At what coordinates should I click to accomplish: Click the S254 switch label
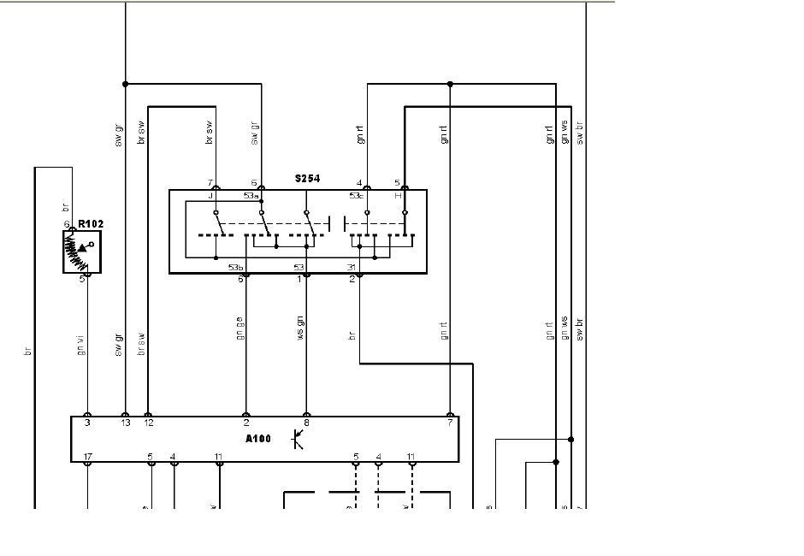click(x=307, y=179)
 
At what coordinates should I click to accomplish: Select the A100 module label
click(x=257, y=439)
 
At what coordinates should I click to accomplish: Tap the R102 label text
click(x=91, y=224)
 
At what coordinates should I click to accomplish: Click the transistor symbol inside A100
click(x=298, y=439)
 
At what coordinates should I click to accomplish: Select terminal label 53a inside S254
click(x=251, y=196)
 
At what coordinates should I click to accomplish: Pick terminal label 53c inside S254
click(x=357, y=196)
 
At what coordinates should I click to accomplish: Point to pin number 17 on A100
click(x=87, y=456)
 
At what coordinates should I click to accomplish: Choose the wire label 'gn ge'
click(x=240, y=328)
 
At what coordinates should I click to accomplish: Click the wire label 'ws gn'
click(x=300, y=328)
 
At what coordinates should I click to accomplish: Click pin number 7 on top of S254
click(x=210, y=183)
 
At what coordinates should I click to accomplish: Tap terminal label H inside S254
click(x=397, y=196)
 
